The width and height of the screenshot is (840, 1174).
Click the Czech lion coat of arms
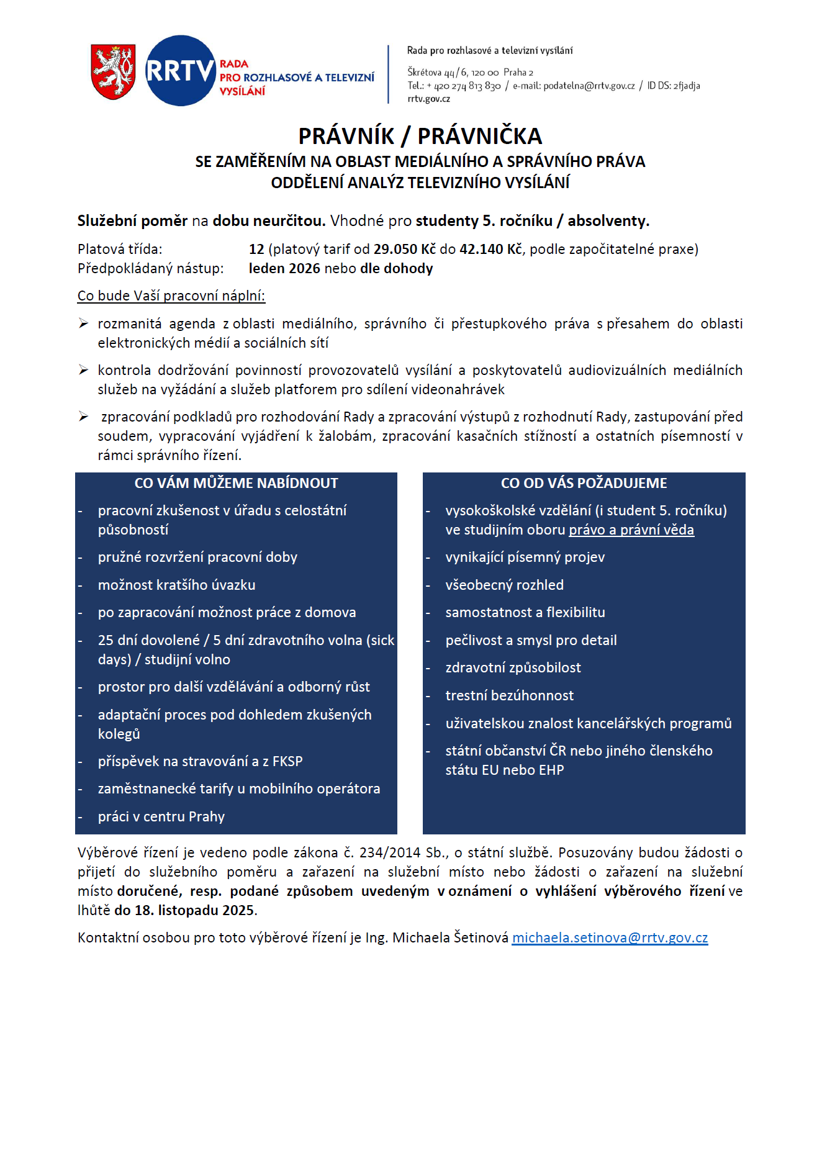pos(113,71)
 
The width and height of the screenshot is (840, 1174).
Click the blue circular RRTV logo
pos(180,71)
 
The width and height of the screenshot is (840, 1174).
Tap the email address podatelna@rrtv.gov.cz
pos(589,86)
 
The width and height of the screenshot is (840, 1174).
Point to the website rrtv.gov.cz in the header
pos(428,99)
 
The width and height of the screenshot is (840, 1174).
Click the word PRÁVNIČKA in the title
pos(479,136)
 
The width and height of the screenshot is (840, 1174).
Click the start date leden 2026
pos(284,268)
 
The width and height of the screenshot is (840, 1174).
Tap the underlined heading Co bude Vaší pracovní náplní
pos(171,296)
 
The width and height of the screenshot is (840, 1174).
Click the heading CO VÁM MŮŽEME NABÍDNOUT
pos(236,483)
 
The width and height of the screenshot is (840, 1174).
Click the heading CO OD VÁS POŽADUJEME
pos(584,483)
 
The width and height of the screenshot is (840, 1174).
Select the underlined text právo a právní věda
pos(631,530)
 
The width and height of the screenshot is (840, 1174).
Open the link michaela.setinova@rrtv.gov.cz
pos(610,937)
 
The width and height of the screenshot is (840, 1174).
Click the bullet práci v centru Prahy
pos(161,816)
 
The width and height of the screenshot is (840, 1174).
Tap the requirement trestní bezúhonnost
pos(509,695)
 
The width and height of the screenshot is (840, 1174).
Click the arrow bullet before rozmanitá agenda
pos(83,323)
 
